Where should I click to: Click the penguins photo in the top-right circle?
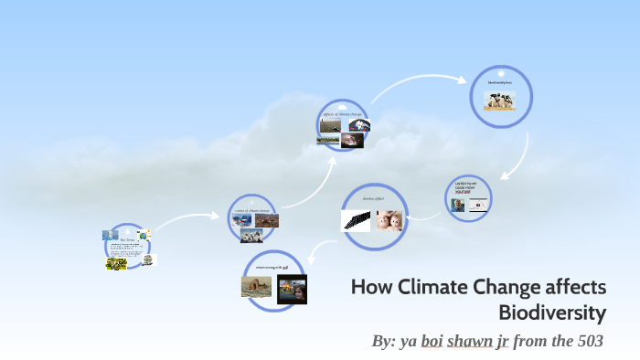(x=499, y=101)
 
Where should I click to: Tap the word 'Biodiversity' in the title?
(x=552, y=312)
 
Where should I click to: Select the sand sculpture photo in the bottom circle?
(x=257, y=286)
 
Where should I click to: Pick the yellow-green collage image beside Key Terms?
(x=115, y=264)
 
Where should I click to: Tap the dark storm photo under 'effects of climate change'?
(x=351, y=142)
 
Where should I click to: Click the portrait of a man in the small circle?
(x=458, y=206)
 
